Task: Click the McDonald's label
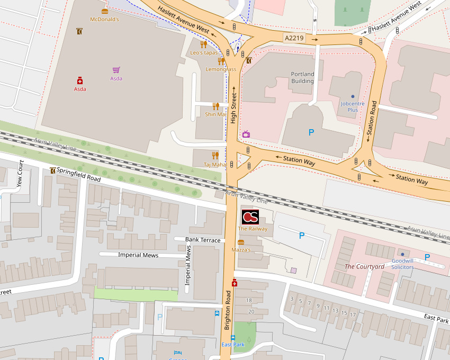104,20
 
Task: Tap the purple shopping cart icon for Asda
116,70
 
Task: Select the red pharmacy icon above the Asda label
80,80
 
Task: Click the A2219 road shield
294,38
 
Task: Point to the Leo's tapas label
204,53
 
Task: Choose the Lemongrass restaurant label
221,69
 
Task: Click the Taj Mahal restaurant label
215,165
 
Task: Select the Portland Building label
302,78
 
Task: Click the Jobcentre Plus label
353,107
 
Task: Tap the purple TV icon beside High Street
246,134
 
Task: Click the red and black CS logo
250,217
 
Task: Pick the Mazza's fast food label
241,249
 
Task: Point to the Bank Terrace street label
203,240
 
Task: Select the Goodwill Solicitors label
403,264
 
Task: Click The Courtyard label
364,266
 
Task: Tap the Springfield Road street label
78,175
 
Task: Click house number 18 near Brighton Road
249,300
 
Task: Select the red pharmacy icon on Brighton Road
235,283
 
